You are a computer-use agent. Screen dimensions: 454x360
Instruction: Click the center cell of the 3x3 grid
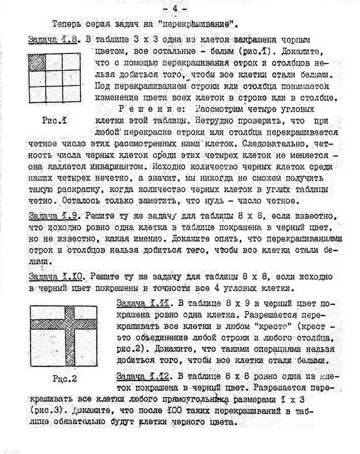pyautogui.click(x=54, y=79)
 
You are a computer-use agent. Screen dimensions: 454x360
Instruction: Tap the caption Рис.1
pyautogui.click(x=56, y=121)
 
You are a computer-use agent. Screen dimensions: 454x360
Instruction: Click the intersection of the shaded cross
pyautogui.click(x=70, y=323)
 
